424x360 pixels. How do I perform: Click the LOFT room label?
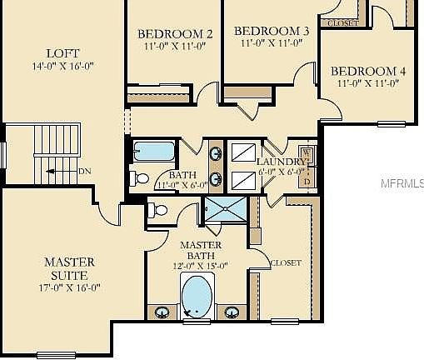[x=57, y=52]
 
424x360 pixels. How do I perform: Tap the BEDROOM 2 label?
[x=175, y=34]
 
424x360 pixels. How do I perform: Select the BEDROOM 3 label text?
[x=271, y=31]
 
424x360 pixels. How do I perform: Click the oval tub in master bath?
[x=197, y=296]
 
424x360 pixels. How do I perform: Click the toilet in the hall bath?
[x=139, y=177]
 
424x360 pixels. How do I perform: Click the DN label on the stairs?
[x=85, y=172]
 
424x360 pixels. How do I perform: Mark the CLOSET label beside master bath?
[x=286, y=263]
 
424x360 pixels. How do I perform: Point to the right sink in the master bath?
[x=232, y=312]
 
